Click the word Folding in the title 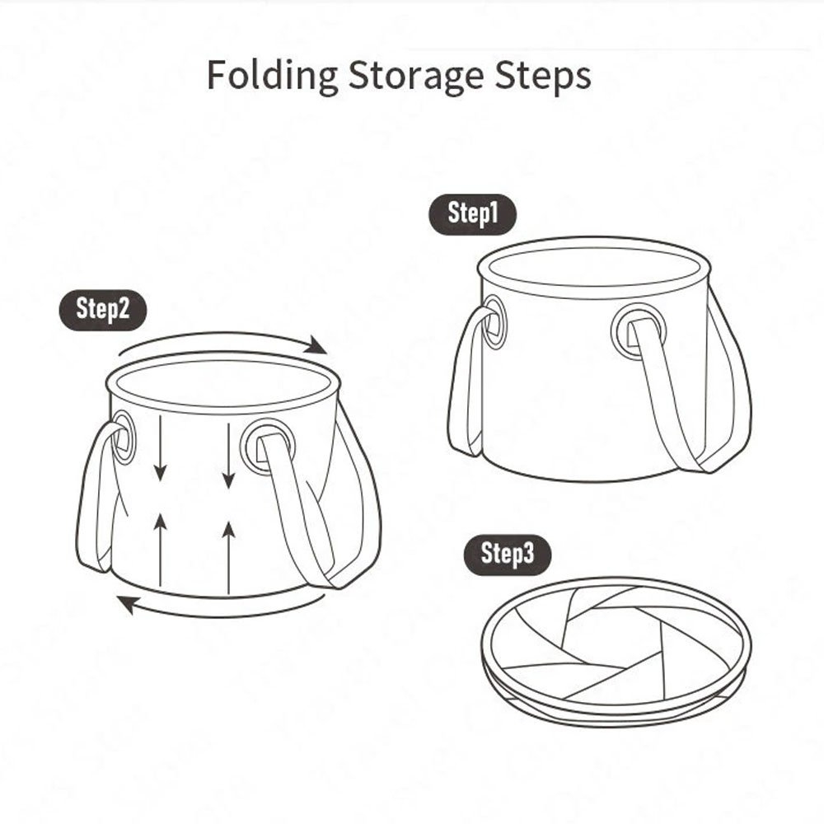point(271,76)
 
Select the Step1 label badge point(473,214)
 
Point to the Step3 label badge point(508,554)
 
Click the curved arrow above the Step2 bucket point(222,339)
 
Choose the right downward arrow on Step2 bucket point(228,453)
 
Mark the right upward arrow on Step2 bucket point(229,552)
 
